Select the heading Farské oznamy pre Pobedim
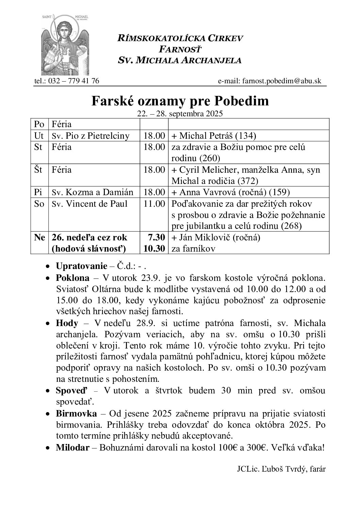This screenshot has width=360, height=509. [x=180, y=101]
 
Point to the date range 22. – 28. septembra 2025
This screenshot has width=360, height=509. [x=180, y=114]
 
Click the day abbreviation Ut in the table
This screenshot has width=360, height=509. [x=39, y=136]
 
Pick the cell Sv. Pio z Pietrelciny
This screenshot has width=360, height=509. [x=91, y=136]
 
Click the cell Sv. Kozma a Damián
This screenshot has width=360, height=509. [x=92, y=192]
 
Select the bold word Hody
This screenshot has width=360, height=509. [x=67, y=323]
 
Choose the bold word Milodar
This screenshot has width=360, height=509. [x=72, y=447]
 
